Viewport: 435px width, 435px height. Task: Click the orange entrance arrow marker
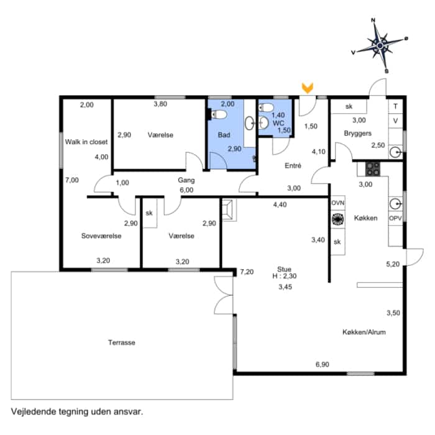308,88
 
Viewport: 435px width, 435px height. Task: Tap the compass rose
380,45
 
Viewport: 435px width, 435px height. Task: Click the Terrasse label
122,342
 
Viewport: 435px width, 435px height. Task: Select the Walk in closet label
86,142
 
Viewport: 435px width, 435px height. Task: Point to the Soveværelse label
101,236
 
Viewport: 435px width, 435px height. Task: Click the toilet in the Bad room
217,114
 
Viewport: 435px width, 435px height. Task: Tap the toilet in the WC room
267,108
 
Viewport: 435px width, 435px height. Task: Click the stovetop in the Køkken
372,168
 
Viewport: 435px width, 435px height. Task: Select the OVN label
338,203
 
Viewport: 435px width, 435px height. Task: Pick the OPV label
395,218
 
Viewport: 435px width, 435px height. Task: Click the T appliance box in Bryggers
396,106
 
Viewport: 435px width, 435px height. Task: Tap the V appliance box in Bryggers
396,121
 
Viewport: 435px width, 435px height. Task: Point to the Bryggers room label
357,134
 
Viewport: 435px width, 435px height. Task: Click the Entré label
293,166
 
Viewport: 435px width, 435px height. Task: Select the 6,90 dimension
323,364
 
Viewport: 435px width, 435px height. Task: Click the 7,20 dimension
247,272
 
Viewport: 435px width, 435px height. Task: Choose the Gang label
186,180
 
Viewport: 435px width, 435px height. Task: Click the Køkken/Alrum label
364,332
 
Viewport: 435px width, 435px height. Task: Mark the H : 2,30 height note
285,276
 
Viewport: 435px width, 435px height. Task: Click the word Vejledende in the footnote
34,411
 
